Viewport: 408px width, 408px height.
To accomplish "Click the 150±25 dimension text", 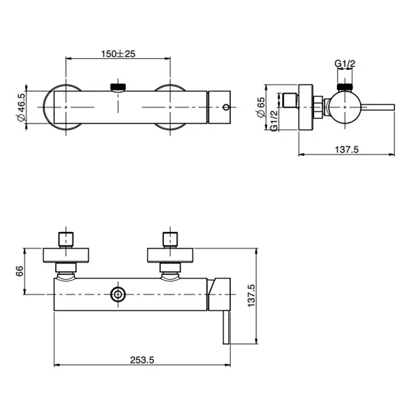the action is pos(118,54).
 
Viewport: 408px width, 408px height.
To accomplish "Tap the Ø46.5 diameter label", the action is pos(22,107).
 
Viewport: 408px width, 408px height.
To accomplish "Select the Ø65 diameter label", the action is pos(261,107).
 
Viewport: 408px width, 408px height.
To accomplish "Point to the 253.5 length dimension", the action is pos(142,360).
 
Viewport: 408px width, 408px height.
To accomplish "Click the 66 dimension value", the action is pos(20,271).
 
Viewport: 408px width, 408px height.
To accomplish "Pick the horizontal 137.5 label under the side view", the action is pos(347,150).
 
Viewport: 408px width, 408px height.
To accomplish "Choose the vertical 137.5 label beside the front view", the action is pos(251,296).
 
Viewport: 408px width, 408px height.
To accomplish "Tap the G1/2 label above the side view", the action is pos(345,64).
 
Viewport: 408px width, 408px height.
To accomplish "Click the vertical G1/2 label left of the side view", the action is pos(274,121).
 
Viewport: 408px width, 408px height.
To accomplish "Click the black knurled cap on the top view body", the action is pos(118,86).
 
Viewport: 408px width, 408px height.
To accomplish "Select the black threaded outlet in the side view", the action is pos(345,87).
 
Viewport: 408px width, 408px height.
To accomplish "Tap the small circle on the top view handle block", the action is pos(226,107).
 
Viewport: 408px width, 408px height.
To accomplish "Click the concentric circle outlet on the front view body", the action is pos(118,294).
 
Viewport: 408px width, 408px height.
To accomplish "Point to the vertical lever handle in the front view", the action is pos(226,327).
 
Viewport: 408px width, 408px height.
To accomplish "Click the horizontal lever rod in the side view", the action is pos(378,107).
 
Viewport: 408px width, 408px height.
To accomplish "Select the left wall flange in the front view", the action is pos(66,255).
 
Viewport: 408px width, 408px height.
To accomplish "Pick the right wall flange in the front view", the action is pos(170,255).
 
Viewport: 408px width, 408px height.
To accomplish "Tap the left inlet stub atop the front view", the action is pos(66,240).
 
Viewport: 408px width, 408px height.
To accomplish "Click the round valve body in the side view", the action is pos(345,107).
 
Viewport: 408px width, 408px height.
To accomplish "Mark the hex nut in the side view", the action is pos(318,107).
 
